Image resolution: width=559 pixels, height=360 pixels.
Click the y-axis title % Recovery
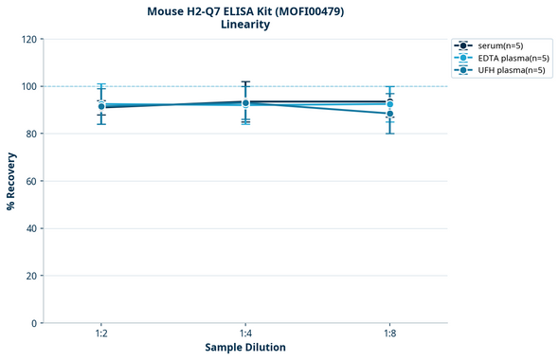pos(11,181)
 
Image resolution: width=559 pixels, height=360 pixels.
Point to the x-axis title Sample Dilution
pos(245,348)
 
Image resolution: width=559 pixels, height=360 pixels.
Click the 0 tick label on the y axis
pos(33,323)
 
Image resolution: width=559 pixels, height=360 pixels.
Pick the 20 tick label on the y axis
pos(30,276)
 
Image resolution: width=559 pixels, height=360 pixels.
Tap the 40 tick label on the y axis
pos(30,228)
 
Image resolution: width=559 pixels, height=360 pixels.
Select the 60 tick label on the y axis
pos(30,181)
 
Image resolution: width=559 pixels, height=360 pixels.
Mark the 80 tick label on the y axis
pos(30,134)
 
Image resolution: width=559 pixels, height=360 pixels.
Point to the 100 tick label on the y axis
pos(27,86)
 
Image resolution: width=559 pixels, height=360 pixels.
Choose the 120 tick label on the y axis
pos(27,39)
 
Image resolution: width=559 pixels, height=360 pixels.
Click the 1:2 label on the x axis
pos(101,334)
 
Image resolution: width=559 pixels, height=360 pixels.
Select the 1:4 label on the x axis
pos(245,334)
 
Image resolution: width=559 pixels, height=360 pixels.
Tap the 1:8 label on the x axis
pos(389,334)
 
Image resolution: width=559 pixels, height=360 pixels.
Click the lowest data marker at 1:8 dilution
pos(389,114)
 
